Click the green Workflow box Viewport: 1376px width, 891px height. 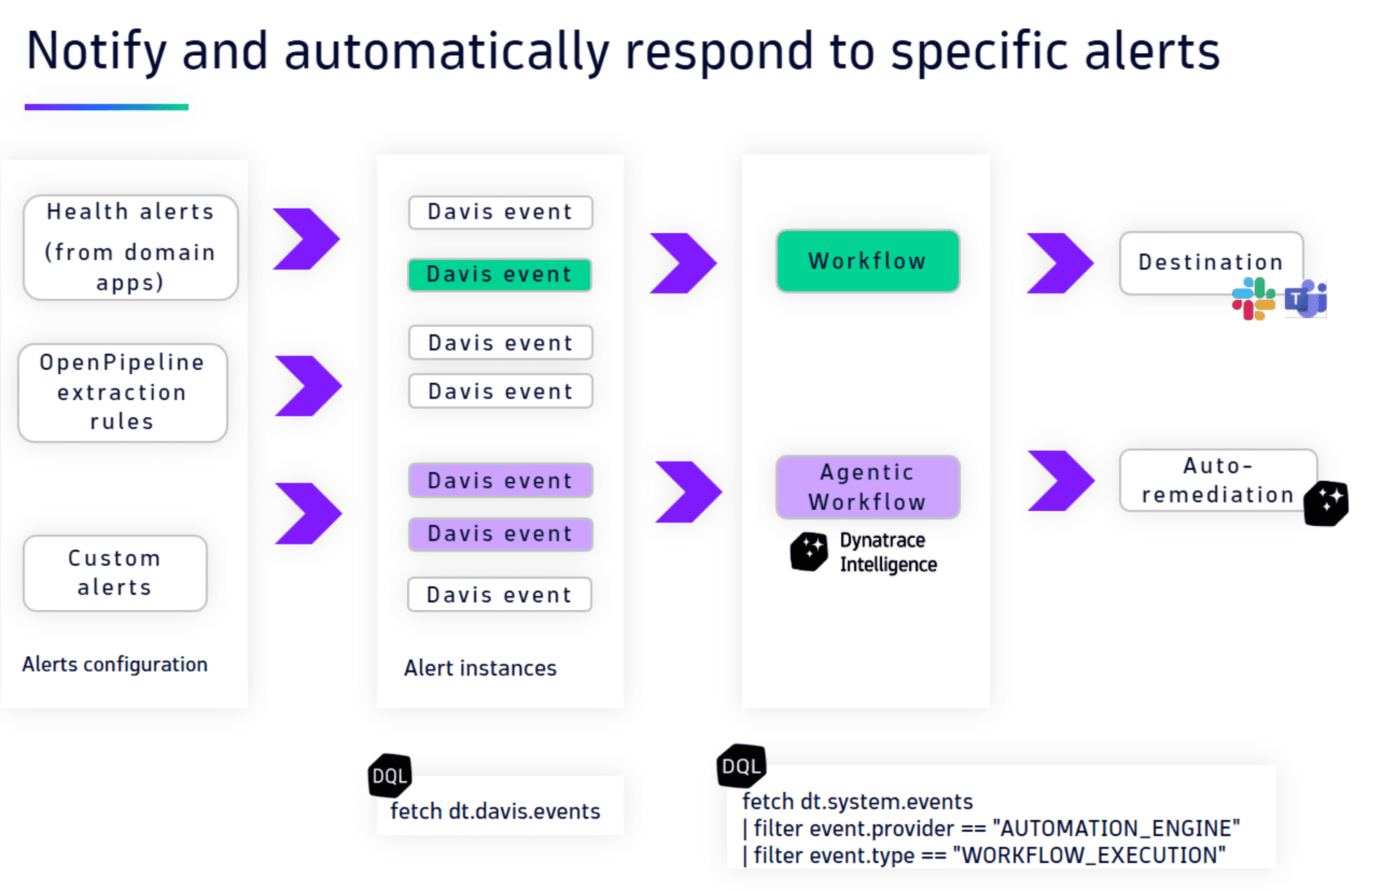(x=867, y=261)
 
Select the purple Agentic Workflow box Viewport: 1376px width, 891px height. (x=867, y=487)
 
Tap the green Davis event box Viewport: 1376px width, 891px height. (x=500, y=275)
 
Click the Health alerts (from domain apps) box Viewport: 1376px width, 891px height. (x=131, y=247)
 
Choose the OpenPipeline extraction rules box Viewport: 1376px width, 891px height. (x=123, y=392)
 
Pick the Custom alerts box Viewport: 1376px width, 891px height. (x=114, y=573)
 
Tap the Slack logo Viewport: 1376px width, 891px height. (x=1253, y=299)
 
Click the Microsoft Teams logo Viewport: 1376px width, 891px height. (x=1305, y=299)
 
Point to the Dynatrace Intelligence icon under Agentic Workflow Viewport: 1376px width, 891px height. (x=809, y=551)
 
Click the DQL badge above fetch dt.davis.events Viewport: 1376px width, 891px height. (x=390, y=775)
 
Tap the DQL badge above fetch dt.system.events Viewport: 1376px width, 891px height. (x=741, y=766)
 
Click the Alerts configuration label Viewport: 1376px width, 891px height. (x=114, y=664)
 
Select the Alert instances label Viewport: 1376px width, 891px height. (x=480, y=668)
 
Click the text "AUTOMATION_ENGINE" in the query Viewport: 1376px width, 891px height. (x=1116, y=828)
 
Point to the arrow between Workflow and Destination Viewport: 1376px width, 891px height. (x=1059, y=263)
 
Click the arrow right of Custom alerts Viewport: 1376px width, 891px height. (x=308, y=513)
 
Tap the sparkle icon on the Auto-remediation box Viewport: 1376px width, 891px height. (x=1326, y=503)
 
